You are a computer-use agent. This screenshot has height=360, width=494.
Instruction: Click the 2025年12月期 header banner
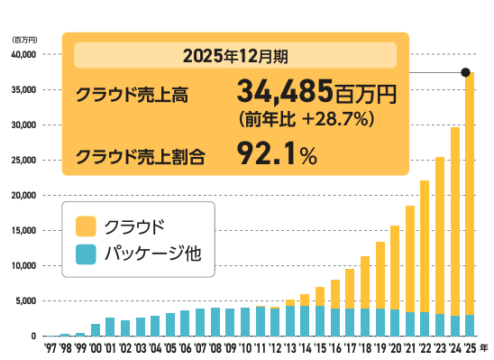coord(235,56)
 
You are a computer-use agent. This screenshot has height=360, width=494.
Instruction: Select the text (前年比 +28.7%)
coord(306,118)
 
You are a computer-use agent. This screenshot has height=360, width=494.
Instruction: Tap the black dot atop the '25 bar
coord(465,72)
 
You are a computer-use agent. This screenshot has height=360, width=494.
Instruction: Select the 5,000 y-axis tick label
coord(23,300)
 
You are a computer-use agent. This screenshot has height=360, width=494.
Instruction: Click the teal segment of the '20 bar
coord(395,322)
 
